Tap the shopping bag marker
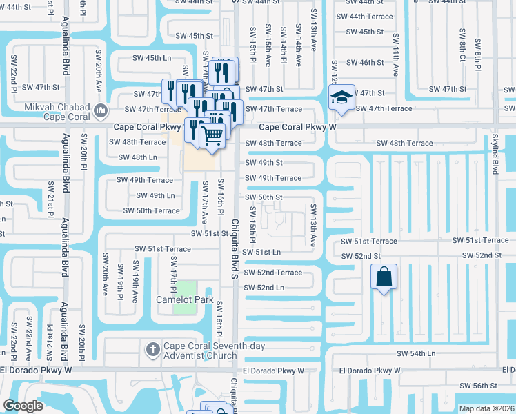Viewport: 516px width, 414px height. point(384,277)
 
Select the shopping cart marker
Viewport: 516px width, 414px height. point(213,134)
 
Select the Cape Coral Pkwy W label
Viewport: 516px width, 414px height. point(297,127)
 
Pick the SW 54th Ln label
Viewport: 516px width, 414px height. point(416,353)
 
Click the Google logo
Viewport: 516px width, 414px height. point(23,406)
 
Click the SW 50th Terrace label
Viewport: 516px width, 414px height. point(151,210)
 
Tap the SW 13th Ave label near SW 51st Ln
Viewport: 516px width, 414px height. point(313,226)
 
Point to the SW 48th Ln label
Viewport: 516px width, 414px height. point(138,157)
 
